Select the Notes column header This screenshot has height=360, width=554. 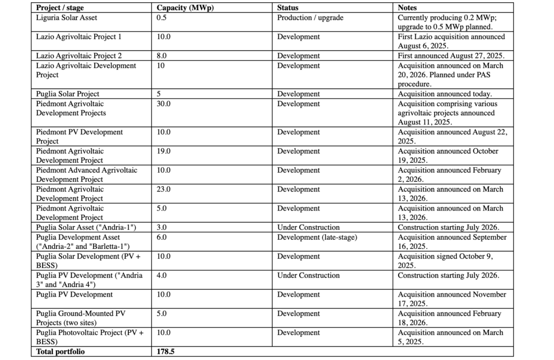point(407,8)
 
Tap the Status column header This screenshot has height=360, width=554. point(287,8)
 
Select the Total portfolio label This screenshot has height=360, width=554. point(61,352)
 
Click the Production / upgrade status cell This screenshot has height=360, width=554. point(310,18)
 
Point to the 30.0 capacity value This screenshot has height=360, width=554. point(163,104)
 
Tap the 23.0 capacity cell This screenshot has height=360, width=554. point(163,189)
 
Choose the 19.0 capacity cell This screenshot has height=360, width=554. point(163,152)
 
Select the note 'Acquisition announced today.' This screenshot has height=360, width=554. point(445,94)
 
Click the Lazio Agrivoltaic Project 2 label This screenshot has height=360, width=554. point(79,56)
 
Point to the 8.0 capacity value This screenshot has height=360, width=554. point(162,56)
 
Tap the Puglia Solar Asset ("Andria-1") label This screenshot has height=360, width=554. point(85,227)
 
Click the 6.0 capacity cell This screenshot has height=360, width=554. point(162,237)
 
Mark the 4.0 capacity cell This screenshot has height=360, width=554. point(162,276)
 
